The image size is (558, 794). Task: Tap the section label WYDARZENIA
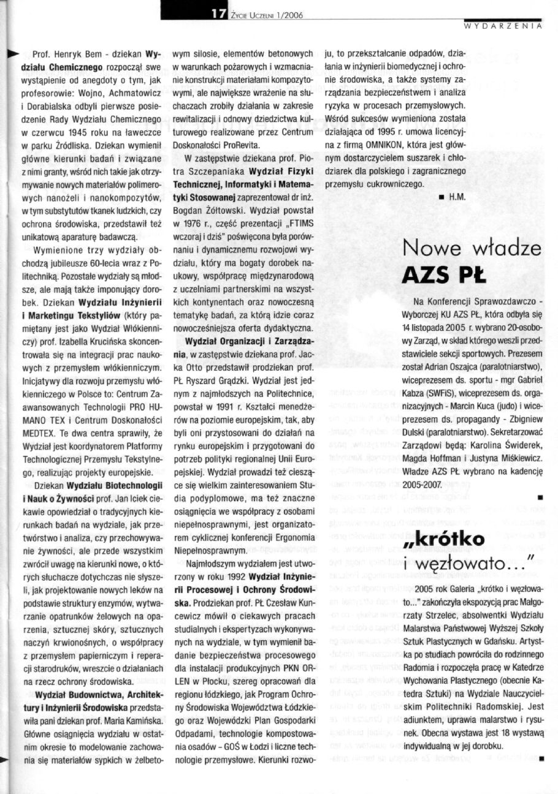click(503, 26)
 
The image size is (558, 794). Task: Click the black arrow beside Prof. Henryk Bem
click(12, 54)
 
